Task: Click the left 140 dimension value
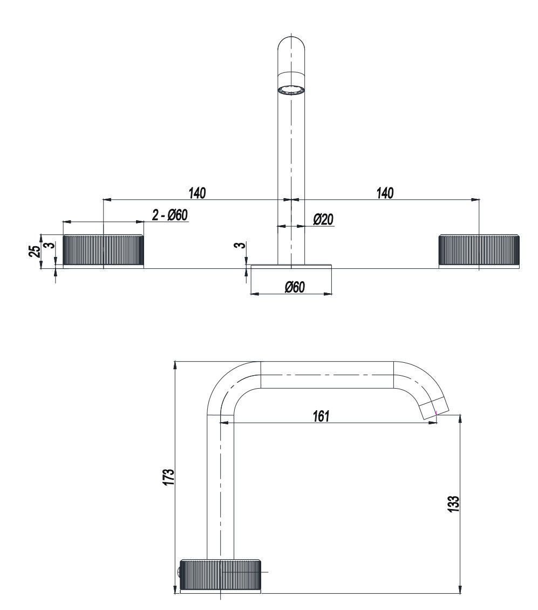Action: (197, 193)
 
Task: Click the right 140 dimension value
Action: (385, 193)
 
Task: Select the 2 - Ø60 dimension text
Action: (169, 215)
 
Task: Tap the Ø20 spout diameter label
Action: (323, 219)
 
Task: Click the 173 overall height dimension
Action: (169, 477)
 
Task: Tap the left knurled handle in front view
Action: (103, 251)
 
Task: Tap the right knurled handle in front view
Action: (479, 251)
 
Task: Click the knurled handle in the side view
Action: (221, 575)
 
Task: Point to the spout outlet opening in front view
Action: (291, 91)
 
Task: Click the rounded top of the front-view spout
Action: (291, 43)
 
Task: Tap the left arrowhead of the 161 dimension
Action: (224, 423)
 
